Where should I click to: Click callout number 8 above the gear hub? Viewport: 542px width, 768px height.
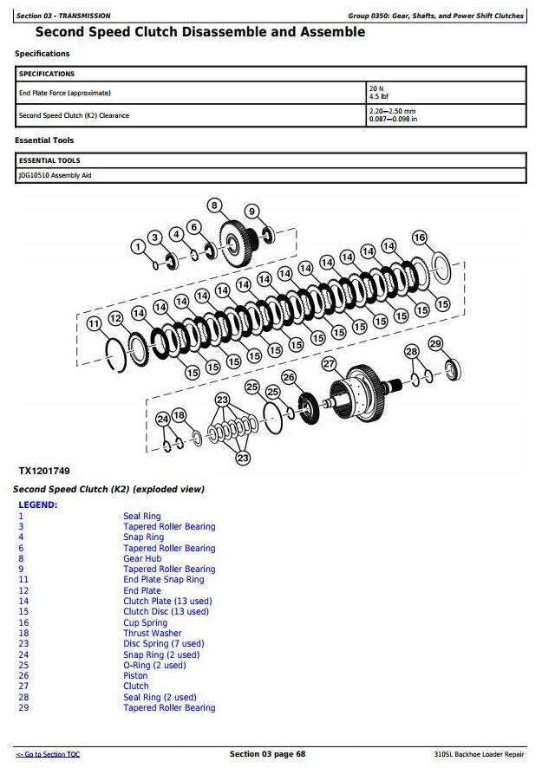pyautogui.click(x=214, y=205)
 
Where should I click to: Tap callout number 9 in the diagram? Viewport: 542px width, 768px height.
pyautogui.click(x=251, y=212)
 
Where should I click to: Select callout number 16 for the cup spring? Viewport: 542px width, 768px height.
pyautogui.click(x=420, y=238)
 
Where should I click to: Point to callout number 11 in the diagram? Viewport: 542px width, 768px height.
pyautogui.click(x=95, y=323)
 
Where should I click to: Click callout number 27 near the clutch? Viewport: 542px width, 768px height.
pyautogui.click(x=329, y=364)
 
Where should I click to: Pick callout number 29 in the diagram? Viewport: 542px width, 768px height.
pyautogui.click(x=435, y=344)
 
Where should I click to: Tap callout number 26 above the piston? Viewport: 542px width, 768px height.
pyautogui.click(x=289, y=377)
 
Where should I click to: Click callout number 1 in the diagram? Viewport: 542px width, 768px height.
pyautogui.click(x=137, y=247)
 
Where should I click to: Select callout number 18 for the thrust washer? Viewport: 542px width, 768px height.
pyautogui.click(x=179, y=416)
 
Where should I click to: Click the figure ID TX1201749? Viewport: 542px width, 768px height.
pyautogui.click(x=44, y=472)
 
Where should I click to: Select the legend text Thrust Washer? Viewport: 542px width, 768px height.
pyautogui.click(x=152, y=634)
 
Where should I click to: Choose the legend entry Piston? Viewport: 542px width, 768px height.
pyautogui.click(x=136, y=676)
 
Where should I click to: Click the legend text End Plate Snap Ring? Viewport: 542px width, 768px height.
pyautogui.click(x=164, y=580)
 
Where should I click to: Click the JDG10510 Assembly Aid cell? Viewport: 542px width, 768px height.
pyautogui.click(x=55, y=176)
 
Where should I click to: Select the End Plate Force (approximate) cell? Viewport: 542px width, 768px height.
pyautogui.click(x=65, y=93)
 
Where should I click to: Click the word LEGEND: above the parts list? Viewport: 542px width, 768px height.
pyautogui.click(x=38, y=504)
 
